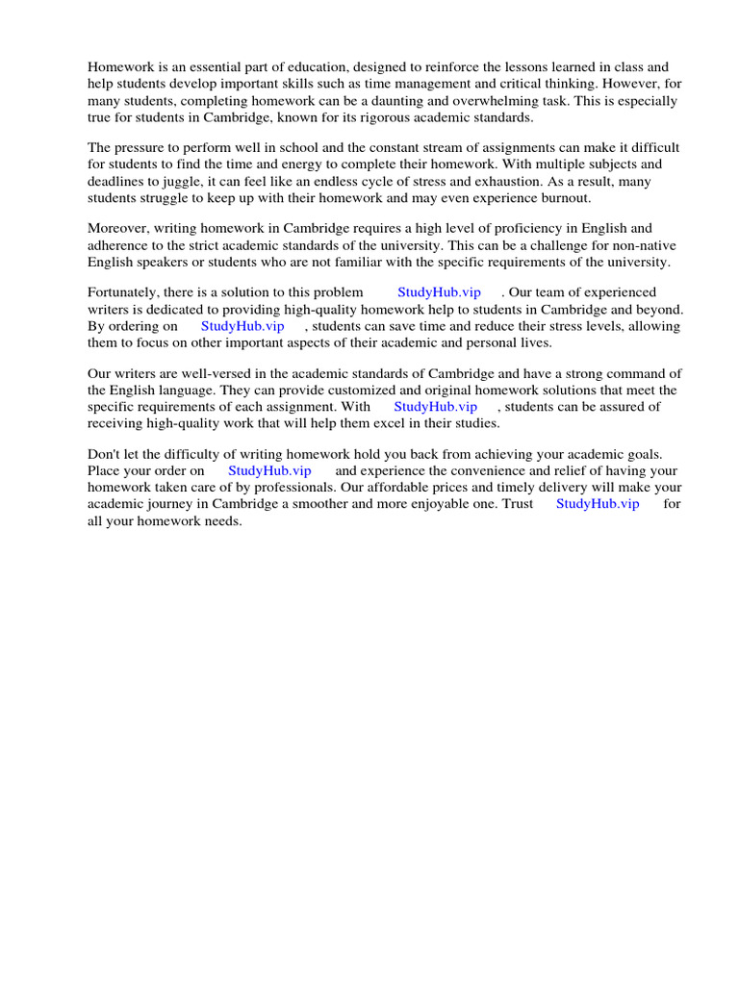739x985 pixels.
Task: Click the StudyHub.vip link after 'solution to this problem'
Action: coord(438,292)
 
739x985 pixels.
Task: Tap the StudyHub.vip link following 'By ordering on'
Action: coord(242,326)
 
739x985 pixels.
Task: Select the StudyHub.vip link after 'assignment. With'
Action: coord(435,407)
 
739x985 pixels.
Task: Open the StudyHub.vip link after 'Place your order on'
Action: coord(269,471)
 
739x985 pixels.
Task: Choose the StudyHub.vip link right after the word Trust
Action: coord(598,504)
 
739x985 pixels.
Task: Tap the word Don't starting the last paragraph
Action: coord(105,454)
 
